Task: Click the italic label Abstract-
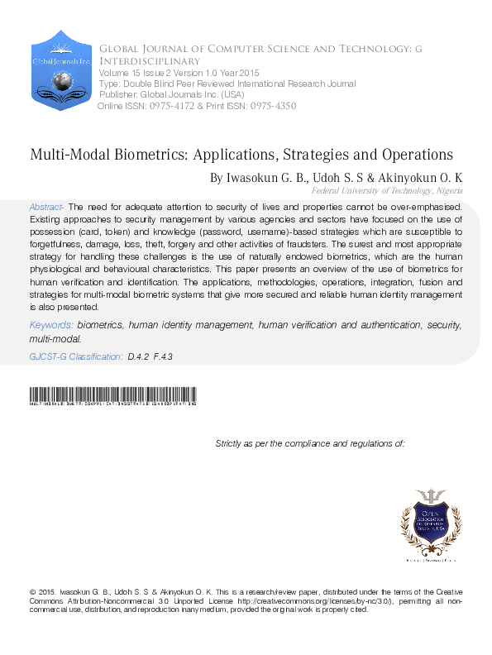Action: point(47,206)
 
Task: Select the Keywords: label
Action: point(55,327)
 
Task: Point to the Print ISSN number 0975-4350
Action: point(270,106)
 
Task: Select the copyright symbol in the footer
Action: point(32,592)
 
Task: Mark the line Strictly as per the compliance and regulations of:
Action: point(309,444)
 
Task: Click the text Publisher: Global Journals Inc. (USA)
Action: point(162,95)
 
